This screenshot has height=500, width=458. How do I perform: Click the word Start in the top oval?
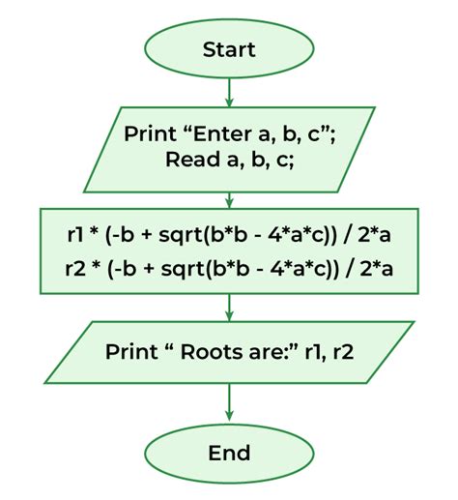click(x=229, y=49)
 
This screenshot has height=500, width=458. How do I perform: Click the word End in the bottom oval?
click(x=229, y=453)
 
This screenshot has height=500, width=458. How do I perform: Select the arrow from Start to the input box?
click(x=229, y=93)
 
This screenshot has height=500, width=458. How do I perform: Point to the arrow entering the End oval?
click(x=229, y=402)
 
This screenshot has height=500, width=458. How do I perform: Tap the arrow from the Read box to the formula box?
click(x=229, y=200)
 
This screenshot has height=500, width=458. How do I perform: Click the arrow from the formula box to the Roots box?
click(x=229, y=308)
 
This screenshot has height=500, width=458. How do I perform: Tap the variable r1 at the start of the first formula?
click(x=75, y=235)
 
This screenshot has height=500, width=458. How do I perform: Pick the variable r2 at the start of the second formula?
click(x=75, y=269)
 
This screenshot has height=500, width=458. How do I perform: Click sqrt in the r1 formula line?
click(x=182, y=236)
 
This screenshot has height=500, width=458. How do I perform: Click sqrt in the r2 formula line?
click(x=184, y=270)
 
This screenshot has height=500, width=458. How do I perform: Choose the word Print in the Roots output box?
click(x=131, y=352)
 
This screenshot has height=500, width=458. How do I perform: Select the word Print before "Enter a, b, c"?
click(x=150, y=133)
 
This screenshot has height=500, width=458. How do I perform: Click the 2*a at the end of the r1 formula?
click(x=374, y=235)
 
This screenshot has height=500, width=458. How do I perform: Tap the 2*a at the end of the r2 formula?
click(x=377, y=269)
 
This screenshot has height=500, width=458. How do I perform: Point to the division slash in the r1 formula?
click(x=347, y=235)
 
